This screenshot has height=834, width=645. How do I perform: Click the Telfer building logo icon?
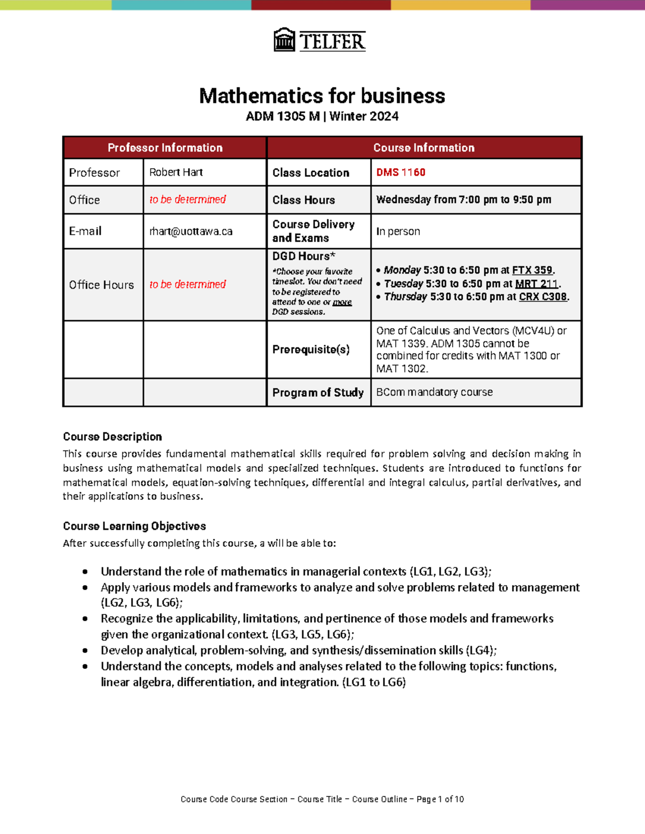tap(284, 40)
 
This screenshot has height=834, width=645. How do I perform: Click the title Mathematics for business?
tap(322, 96)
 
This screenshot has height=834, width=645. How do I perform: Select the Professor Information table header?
tap(165, 148)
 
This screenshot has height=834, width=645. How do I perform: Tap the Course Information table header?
tap(424, 148)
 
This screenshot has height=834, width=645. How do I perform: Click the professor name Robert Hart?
tap(176, 172)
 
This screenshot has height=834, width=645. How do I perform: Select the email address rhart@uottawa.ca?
tap(191, 231)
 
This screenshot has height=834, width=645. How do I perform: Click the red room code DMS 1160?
tap(400, 172)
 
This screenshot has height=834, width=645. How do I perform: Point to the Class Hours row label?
tap(303, 200)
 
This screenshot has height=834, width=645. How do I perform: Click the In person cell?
tap(398, 231)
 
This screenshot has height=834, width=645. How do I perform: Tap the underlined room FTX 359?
tap(532, 270)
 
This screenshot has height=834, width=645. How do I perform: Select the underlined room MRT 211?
tap(536, 284)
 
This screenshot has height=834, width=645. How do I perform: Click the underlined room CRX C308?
tap(543, 296)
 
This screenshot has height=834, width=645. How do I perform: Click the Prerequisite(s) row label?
tap(311, 350)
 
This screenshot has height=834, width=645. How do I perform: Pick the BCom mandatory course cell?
tap(434, 392)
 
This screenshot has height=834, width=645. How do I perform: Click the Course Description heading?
tap(112, 437)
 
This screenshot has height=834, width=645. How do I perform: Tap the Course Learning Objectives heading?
tap(134, 526)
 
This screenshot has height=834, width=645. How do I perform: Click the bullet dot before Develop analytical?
tap(85, 650)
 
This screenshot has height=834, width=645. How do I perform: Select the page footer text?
tap(322, 799)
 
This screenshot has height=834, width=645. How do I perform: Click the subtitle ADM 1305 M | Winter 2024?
tap(322, 116)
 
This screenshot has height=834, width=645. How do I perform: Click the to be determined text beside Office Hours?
tap(188, 285)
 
